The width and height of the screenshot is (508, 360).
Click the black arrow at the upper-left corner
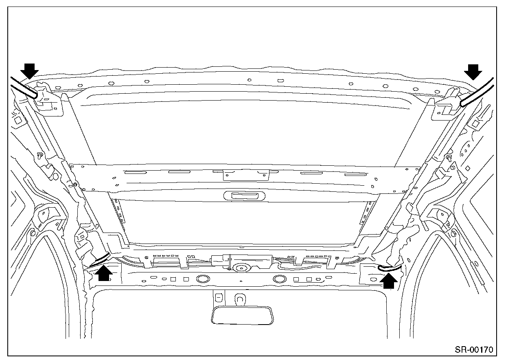pos(29,71)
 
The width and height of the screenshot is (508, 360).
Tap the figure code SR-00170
pos(474,349)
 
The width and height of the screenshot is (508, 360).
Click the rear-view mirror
pos(242,315)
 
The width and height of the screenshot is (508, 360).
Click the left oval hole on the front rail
pos(202,279)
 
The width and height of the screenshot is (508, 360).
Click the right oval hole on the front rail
pos(279,279)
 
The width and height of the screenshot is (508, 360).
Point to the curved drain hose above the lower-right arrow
pos(389,268)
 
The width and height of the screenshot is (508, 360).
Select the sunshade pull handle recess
pos(245,196)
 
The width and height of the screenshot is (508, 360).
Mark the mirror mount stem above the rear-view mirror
pos(240,299)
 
